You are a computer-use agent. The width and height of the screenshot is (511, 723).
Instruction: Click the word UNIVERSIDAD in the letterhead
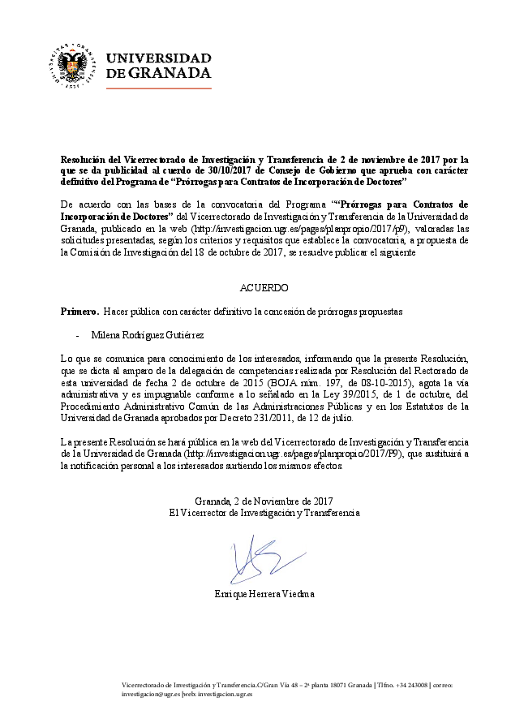tap(159, 58)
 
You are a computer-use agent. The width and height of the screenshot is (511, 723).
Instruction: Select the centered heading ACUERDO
tap(264, 288)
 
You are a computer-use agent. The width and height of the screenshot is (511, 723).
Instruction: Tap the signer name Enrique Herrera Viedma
tap(264, 594)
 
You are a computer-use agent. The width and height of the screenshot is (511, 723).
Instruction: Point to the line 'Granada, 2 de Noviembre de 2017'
tap(264, 501)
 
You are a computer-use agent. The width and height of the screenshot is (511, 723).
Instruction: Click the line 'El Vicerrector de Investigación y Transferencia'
tap(264, 513)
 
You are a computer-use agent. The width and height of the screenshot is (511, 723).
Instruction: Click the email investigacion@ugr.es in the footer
tap(150, 695)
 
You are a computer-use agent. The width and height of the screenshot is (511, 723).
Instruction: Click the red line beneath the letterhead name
tap(159, 87)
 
